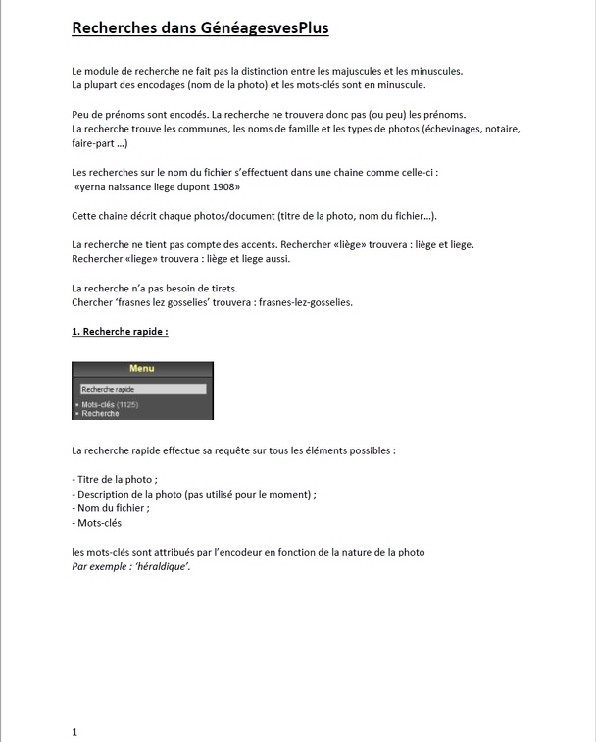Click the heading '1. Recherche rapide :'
coord(120,332)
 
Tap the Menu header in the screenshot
coord(142,369)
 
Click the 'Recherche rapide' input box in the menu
coord(142,389)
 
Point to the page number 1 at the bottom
coord(75,731)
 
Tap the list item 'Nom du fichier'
coord(112,508)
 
